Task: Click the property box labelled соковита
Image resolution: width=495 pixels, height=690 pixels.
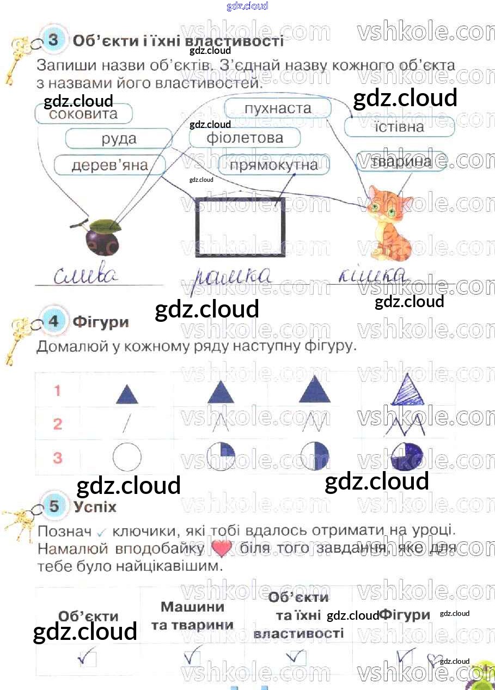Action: click(83, 114)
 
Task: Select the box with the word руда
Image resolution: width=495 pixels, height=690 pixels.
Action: click(119, 139)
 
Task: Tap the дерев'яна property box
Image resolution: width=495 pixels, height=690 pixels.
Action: click(109, 165)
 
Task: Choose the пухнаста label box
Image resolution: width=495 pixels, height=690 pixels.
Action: click(278, 108)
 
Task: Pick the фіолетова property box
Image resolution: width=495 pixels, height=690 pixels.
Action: click(245, 138)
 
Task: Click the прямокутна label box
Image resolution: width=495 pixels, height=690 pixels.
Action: click(274, 165)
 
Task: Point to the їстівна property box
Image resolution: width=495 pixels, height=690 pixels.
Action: click(400, 127)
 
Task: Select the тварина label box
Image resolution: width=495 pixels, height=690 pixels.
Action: click(401, 162)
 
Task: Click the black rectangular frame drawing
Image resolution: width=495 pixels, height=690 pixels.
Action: click(240, 226)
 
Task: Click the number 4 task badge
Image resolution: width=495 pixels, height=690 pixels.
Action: click(53, 322)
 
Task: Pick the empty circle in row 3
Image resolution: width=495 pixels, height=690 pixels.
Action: click(127, 456)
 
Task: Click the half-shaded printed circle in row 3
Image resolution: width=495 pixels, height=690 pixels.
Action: click(315, 456)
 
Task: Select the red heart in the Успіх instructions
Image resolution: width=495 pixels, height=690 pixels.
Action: click(221, 548)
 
